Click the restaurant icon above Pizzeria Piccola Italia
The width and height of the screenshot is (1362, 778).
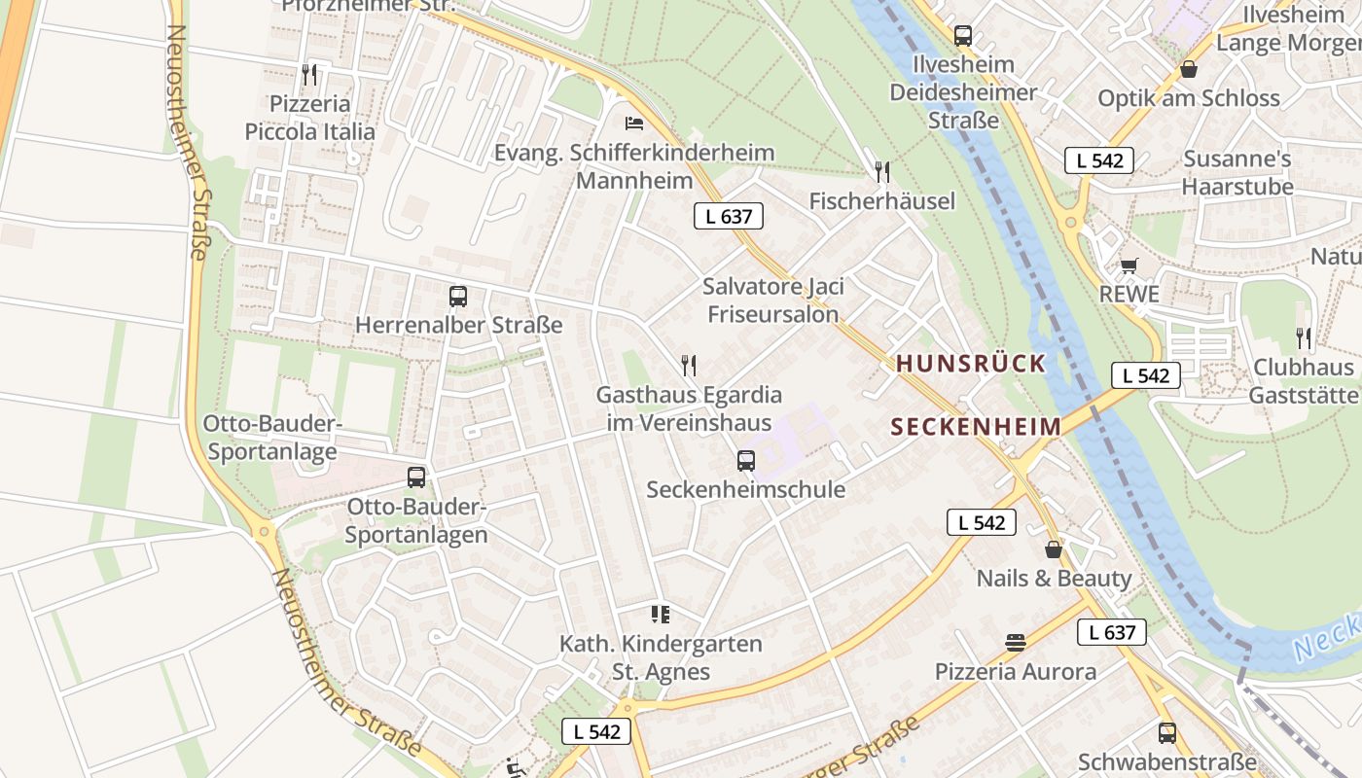[308, 74]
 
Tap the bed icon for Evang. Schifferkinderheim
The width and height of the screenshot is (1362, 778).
[634, 124]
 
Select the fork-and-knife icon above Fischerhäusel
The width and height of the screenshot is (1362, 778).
[881, 172]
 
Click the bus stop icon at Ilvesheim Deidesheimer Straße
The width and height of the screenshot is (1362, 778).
[963, 36]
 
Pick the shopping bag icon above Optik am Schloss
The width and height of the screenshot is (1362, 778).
[1188, 69]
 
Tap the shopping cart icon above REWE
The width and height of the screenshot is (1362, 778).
[1129, 265]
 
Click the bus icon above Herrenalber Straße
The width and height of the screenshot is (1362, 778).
[458, 296]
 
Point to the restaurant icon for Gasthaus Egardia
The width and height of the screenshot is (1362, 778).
[689, 366]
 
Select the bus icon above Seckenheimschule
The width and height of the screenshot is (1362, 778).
[746, 460]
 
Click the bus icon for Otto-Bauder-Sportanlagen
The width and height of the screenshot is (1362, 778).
[416, 477]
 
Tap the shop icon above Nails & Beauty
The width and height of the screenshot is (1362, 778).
[1053, 549]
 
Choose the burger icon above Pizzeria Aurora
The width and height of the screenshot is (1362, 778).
[1016, 642]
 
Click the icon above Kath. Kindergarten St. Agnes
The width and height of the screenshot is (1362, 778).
[661, 614]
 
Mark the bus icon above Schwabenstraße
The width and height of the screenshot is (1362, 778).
[1166, 732]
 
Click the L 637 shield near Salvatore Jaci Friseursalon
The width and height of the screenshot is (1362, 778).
[728, 216]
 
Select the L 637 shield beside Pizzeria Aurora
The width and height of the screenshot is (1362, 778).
[1112, 632]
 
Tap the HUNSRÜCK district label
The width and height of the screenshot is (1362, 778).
[970, 364]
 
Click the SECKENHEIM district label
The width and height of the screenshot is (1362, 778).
[976, 427]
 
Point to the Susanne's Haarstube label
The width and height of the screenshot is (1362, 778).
[1237, 172]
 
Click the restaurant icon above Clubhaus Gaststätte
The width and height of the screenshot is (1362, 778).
[1303, 338]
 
